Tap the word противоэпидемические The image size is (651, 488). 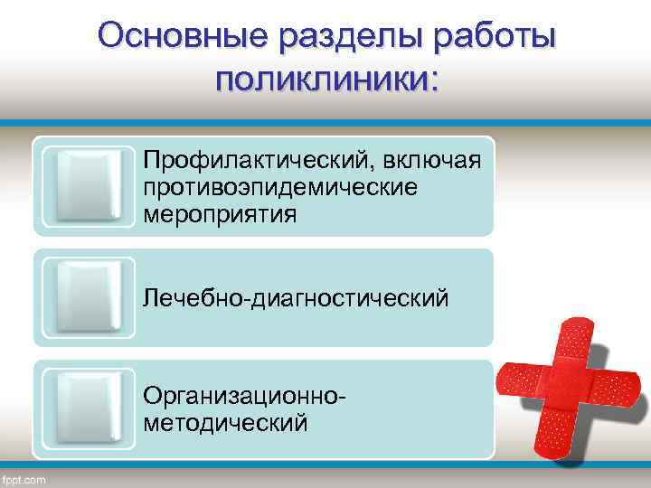click(x=279, y=188)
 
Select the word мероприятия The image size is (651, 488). click(x=218, y=215)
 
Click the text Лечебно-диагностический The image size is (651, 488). click(x=295, y=296)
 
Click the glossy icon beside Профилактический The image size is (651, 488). click(x=89, y=186)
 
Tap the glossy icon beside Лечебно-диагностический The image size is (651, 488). click(x=89, y=298)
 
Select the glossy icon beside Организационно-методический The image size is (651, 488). click(x=89, y=409)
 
